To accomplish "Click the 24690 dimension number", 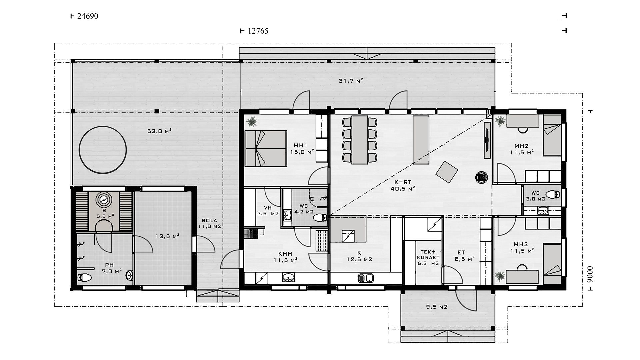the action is (x=87, y=16).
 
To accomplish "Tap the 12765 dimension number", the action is (x=258, y=31).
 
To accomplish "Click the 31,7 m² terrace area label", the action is (x=351, y=80).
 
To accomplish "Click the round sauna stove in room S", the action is (x=104, y=200).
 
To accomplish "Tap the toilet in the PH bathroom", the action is (x=83, y=277).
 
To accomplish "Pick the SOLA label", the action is (x=210, y=221).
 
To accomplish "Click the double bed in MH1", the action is (x=266, y=148).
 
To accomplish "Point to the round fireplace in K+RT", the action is (x=482, y=177).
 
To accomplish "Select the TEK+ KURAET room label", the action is (x=428, y=257).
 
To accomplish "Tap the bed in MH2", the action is (x=552, y=136).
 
